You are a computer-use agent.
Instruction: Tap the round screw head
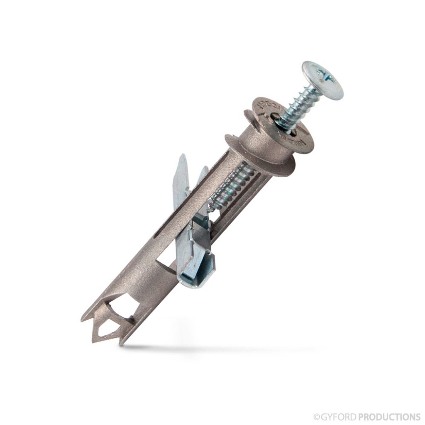coord(322,83)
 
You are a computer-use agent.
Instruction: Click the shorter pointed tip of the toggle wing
coord(204,169)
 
